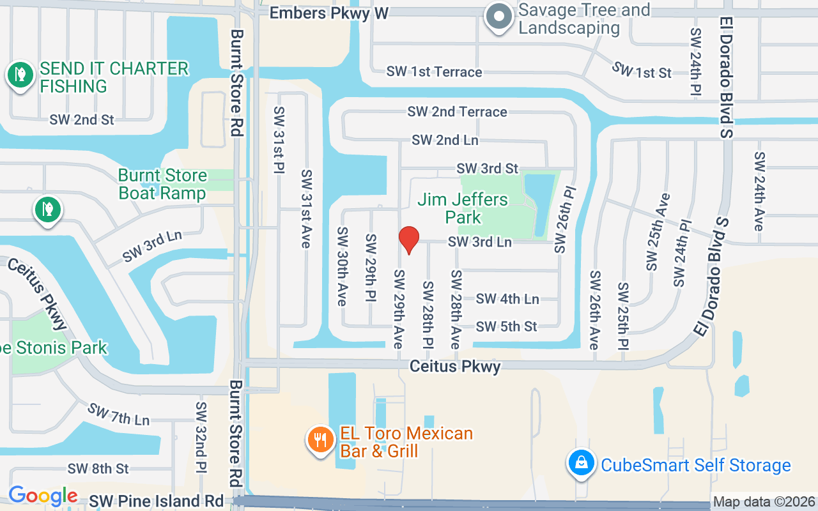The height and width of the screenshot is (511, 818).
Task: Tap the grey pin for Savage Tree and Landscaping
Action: click(499, 17)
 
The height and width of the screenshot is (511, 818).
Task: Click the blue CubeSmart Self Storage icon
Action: click(581, 463)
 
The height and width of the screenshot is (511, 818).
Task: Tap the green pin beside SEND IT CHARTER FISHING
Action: click(20, 75)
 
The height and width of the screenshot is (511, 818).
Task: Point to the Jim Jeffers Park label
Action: click(463, 208)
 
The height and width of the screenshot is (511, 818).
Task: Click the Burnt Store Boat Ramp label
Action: click(162, 184)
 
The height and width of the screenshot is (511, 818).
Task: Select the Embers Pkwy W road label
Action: click(328, 13)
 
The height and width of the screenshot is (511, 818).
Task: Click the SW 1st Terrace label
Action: click(434, 72)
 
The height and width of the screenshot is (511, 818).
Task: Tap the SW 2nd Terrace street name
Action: click(457, 112)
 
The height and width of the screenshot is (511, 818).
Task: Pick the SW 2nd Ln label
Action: click(445, 140)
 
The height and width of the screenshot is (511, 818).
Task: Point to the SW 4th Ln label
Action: click(507, 298)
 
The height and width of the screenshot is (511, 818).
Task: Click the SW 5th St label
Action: click(507, 326)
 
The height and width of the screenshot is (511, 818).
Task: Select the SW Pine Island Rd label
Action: click(157, 501)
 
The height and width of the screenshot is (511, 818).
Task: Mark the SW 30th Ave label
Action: click(343, 266)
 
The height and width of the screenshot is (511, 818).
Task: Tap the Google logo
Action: click(43, 496)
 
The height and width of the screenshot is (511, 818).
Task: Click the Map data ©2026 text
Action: click(764, 502)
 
